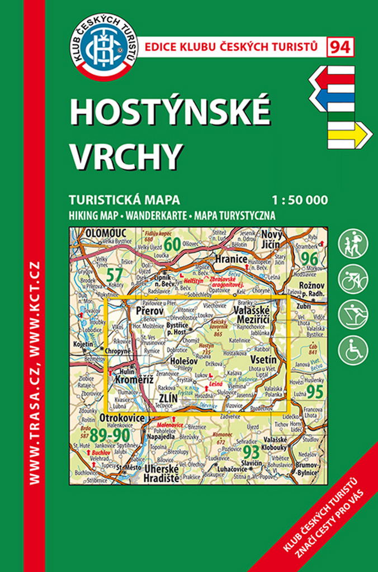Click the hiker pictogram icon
point(353,244)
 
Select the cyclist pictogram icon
point(353,279)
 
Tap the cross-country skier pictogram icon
point(353,314)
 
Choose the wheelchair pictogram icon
point(353,349)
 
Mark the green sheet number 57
point(115,274)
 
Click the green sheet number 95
point(314,392)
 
